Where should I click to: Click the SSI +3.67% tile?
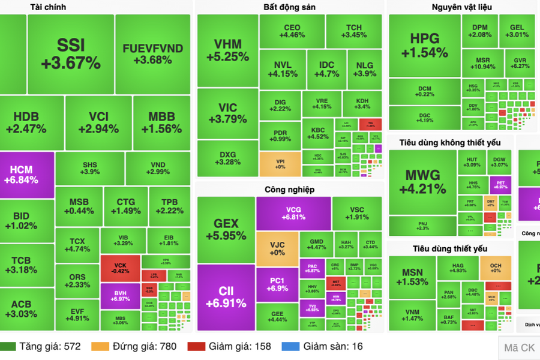pyautogui.click(x=71, y=54)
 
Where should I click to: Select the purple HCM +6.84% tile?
pyautogui.click(x=27, y=175)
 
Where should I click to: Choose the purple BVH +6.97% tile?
pyautogui.click(x=120, y=295)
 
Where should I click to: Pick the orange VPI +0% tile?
pyautogui.click(x=280, y=164)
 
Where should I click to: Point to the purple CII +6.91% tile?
pyautogui.click(x=226, y=297)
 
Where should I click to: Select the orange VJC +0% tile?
pyautogui.click(x=277, y=248)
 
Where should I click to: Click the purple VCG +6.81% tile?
pyautogui.click(x=293, y=213)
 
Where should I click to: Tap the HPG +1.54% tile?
pyautogui.click(x=424, y=46)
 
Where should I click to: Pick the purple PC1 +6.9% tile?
pyautogui.click(x=277, y=284)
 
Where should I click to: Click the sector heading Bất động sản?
pyautogui.click(x=289, y=7)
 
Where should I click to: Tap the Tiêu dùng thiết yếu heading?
pyautogui.click(x=450, y=248)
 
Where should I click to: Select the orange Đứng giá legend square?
pyautogui.click(x=100, y=346)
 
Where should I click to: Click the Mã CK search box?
pyautogui.click(x=520, y=347)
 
